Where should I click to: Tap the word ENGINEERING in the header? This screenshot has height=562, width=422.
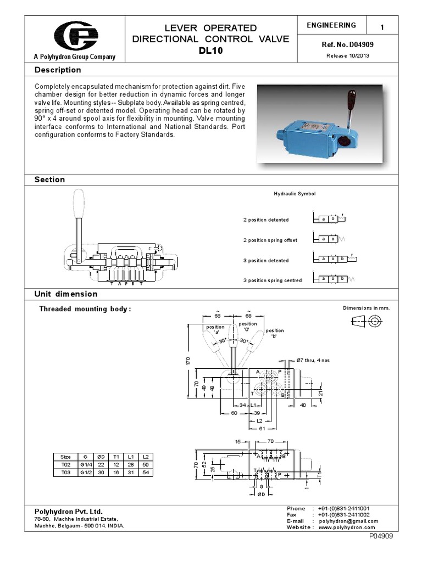click(x=331, y=25)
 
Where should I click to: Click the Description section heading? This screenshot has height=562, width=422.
click(x=58, y=70)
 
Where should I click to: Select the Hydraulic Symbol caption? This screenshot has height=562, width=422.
click(x=295, y=194)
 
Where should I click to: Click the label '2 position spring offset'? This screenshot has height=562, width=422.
click(x=270, y=240)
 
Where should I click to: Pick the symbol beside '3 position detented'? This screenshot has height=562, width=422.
click(x=334, y=259)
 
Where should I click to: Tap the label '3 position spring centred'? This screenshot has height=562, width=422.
click(x=273, y=280)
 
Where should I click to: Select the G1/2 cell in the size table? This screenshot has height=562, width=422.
click(x=85, y=472)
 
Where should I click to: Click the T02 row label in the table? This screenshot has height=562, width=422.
click(x=65, y=464)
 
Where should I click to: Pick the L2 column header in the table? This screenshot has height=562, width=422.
click(x=145, y=457)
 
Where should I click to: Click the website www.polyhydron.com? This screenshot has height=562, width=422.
click(x=346, y=527)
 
